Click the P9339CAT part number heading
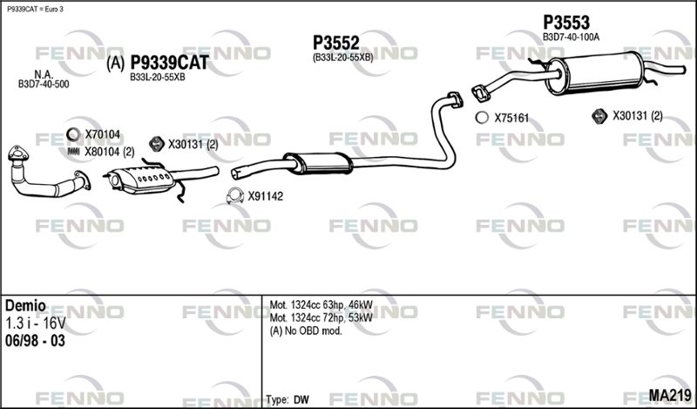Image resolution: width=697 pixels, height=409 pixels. tap(169, 63)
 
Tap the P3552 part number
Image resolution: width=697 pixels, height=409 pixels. tap(336, 43)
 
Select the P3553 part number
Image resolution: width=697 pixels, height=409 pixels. tap(566, 22)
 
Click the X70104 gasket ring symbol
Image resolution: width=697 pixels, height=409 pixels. tap(73, 134)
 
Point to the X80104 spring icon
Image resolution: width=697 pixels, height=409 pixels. tap(73, 152)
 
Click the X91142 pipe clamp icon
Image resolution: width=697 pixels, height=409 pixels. tap(235, 196)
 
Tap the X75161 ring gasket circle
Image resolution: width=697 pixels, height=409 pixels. tap(482, 118)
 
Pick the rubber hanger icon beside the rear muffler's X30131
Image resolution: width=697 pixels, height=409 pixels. tap(599, 116)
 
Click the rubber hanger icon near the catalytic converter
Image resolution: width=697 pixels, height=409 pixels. tap(157, 143)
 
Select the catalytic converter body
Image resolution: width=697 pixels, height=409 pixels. tap(142, 181)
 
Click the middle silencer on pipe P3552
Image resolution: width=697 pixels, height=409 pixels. tap(318, 163)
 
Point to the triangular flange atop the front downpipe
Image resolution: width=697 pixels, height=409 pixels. tap(18, 153)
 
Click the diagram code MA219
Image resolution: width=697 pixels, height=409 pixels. tap(670, 395)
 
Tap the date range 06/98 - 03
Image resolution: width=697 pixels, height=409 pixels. tap(35, 341)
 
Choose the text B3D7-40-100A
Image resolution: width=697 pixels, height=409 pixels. tap(571, 37)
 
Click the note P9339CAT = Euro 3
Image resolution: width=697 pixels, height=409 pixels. tap(35, 9)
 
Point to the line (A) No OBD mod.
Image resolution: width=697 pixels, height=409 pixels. tap(306, 331)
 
